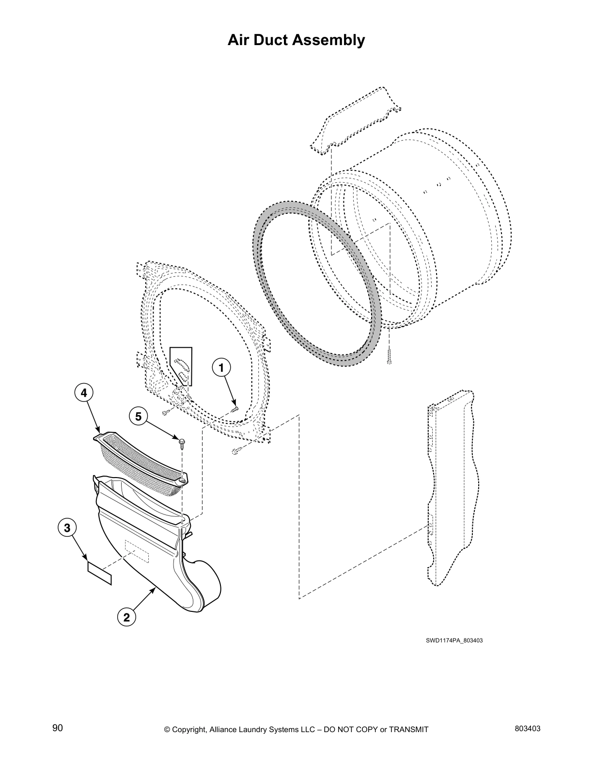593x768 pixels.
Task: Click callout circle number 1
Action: coord(221,368)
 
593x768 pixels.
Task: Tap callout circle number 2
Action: coord(126,617)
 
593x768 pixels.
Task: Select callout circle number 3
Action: coord(67,527)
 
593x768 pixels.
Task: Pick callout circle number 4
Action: coord(84,393)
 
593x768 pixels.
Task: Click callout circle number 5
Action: coord(138,416)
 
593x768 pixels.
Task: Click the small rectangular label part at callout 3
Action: coord(99,572)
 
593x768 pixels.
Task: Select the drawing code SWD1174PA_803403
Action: coord(454,640)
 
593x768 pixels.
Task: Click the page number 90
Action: coord(58,728)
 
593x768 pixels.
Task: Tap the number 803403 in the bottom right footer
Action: coord(528,728)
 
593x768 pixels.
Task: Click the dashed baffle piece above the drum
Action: coord(356,121)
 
